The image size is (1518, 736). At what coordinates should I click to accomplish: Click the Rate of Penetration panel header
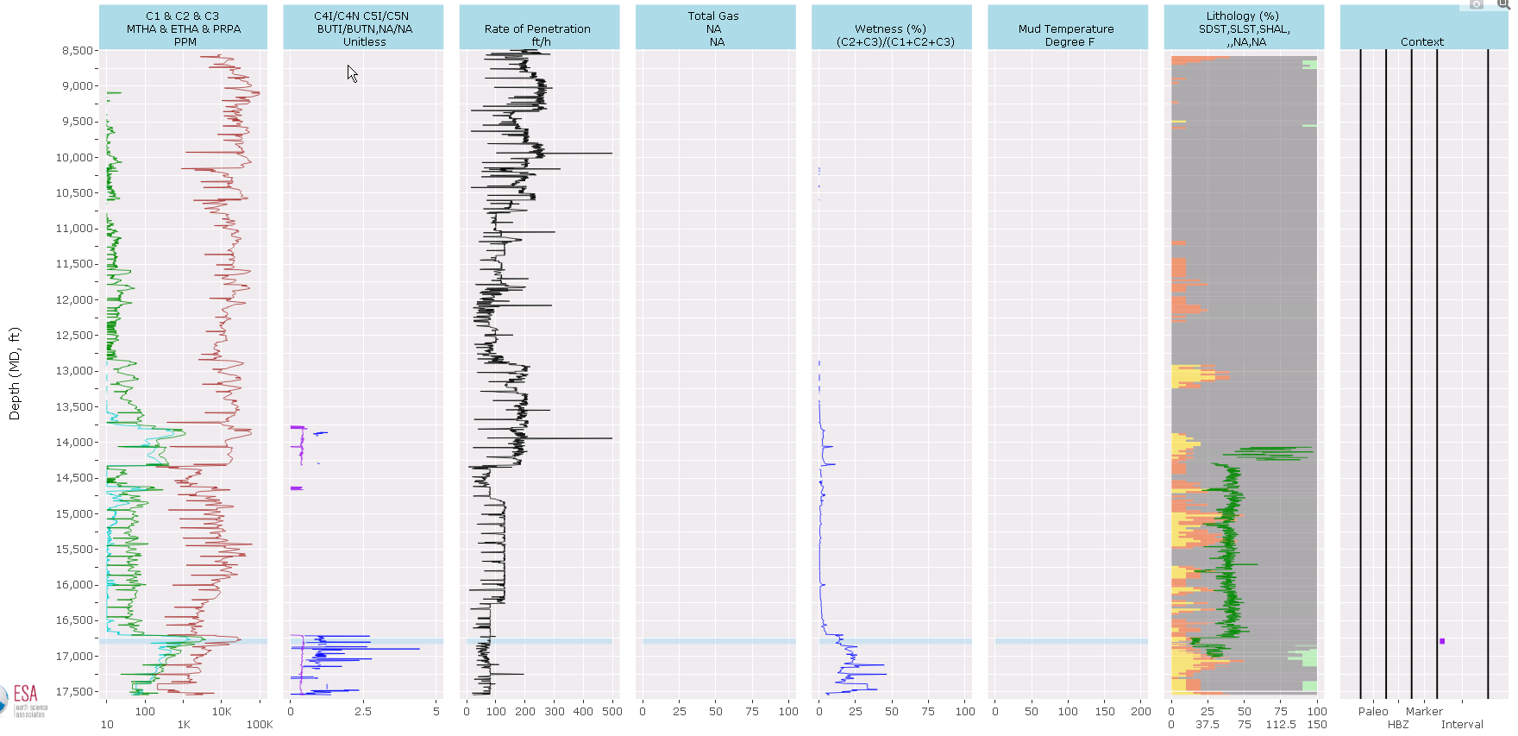pyautogui.click(x=538, y=28)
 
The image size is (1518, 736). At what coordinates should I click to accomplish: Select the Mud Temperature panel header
pyautogui.click(x=1067, y=28)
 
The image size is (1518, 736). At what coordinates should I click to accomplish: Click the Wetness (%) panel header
pyautogui.click(x=891, y=28)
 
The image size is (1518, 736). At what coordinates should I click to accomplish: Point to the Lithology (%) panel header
pyautogui.click(x=1244, y=28)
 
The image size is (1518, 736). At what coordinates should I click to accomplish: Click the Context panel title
pyautogui.click(x=1422, y=41)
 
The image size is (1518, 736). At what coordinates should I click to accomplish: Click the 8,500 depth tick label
pyautogui.click(x=78, y=50)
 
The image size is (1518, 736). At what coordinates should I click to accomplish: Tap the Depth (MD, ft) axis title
pyautogui.click(x=14, y=374)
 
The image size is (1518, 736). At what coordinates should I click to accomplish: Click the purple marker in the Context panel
pyautogui.click(x=1442, y=641)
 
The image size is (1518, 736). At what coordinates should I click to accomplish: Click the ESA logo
pyautogui.click(x=24, y=700)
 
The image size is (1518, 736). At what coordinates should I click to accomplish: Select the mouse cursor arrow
pyautogui.click(x=352, y=73)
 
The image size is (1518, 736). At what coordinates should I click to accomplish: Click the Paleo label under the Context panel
pyautogui.click(x=1373, y=712)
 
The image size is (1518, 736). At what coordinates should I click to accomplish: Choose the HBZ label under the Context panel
pyautogui.click(x=1398, y=725)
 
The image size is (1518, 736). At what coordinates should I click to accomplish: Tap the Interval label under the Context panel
pyautogui.click(x=1462, y=725)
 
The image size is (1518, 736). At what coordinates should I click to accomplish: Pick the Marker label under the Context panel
pyautogui.click(x=1424, y=712)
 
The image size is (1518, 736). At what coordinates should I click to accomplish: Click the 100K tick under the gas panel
pyautogui.click(x=260, y=725)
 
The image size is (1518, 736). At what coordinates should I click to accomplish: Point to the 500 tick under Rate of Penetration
pyautogui.click(x=612, y=712)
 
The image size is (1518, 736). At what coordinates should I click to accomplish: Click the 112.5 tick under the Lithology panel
pyautogui.click(x=1281, y=725)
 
